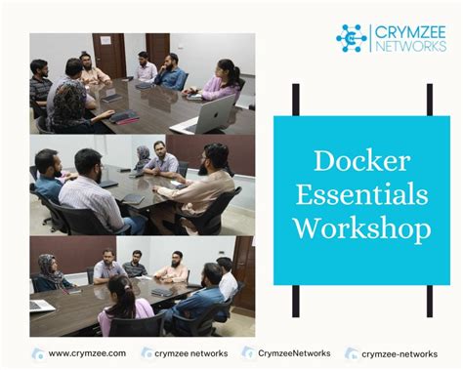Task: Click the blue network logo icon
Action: pyautogui.click(x=352, y=38)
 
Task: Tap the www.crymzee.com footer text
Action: pyautogui.click(x=82, y=353)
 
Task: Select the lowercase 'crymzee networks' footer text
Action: pyautogui.click(x=191, y=353)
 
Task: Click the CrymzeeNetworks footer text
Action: pyautogui.click(x=294, y=353)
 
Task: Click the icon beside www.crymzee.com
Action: pyautogui.click(x=38, y=353)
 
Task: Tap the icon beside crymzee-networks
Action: pyautogui.click(x=352, y=353)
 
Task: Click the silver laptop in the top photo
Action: pyautogui.click(x=210, y=115)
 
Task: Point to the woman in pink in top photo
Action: pyautogui.click(x=224, y=79)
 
